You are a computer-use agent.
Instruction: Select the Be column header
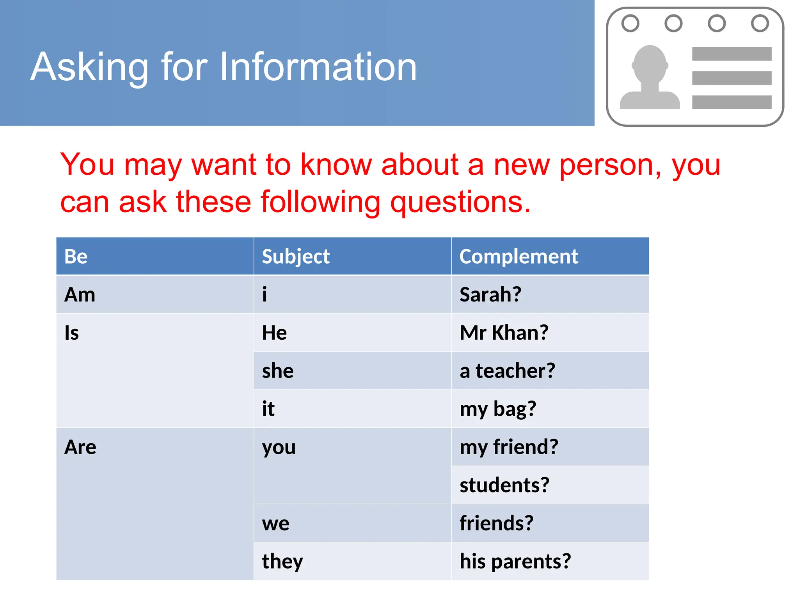point(76,257)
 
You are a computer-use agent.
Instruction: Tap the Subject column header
point(296,257)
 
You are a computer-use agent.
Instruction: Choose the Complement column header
point(518,257)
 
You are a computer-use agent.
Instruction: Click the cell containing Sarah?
point(490,294)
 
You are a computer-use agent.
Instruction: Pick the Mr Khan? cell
point(504,333)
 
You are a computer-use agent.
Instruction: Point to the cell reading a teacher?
point(507,371)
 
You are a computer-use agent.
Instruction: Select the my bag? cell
point(498,409)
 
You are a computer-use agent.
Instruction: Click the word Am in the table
point(80,294)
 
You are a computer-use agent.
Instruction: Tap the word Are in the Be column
point(80,447)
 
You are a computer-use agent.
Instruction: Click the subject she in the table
point(278,371)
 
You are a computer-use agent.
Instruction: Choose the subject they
point(282,562)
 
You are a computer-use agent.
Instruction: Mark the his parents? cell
point(515,562)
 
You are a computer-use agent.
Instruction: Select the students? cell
point(504,485)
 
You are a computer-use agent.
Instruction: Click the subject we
point(276,523)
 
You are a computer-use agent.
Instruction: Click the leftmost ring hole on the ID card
point(630,23)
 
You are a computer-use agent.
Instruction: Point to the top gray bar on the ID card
point(732,54)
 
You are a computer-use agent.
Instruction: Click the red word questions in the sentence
point(460,202)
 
